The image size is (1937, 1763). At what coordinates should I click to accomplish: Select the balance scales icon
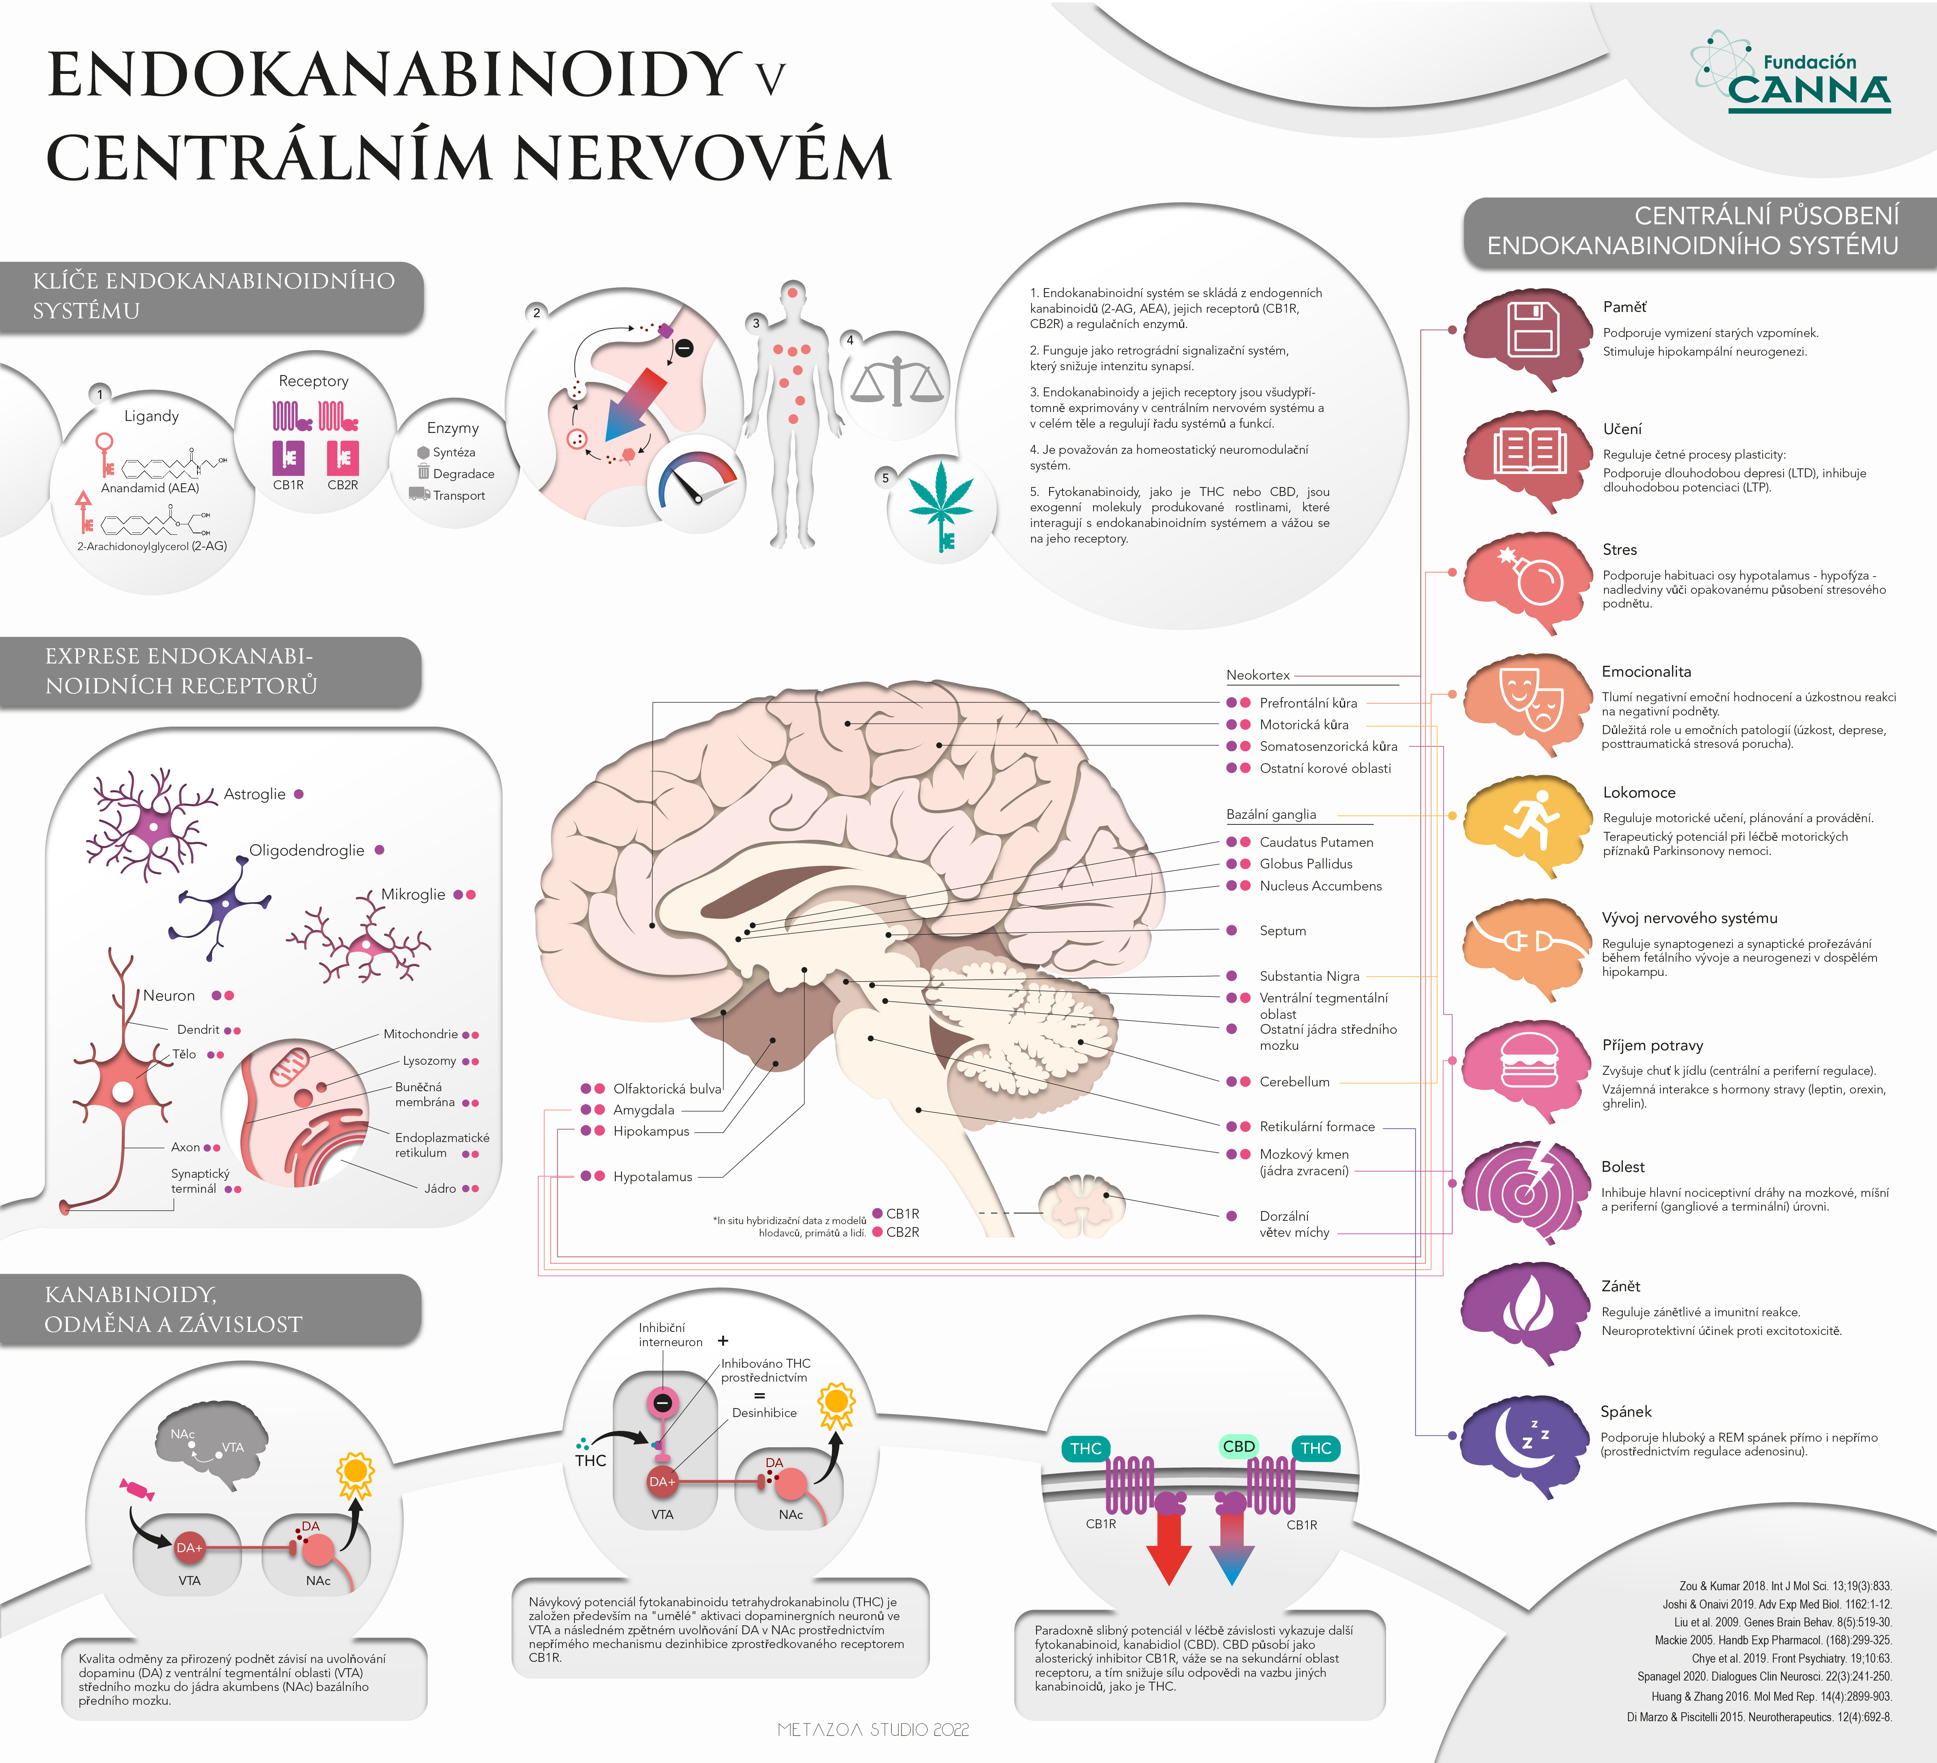tap(896, 380)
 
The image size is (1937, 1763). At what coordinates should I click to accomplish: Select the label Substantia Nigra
tap(1310, 976)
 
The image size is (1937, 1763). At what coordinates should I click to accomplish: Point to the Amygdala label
tap(644, 1110)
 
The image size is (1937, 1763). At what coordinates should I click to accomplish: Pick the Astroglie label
tap(255, 795)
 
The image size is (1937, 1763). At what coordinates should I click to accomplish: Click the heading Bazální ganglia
tap(1271, 815)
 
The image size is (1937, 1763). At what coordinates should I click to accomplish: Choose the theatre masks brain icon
tap(1528, 704)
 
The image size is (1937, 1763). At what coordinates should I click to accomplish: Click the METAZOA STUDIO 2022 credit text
tap(873, 1729)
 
